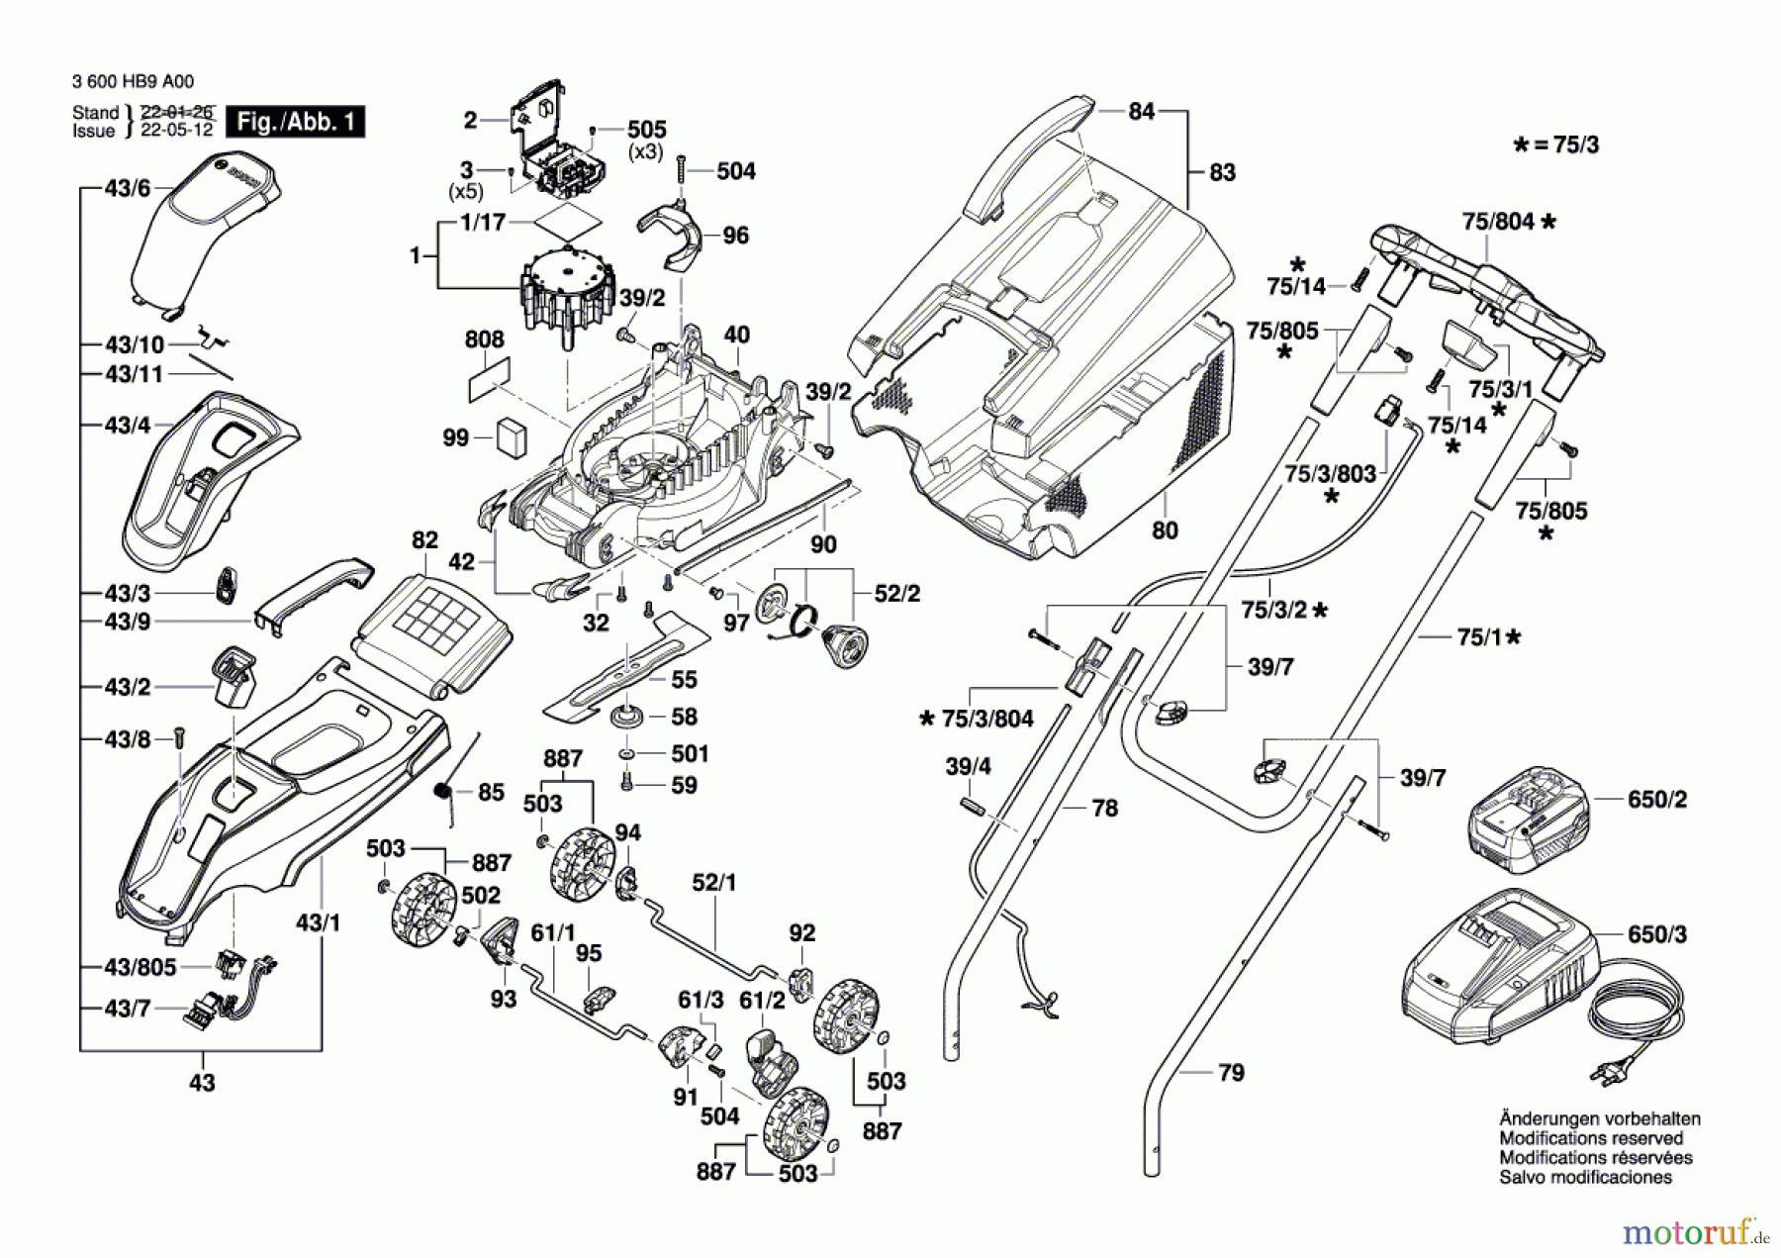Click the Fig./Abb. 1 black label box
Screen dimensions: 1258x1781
pos(296,122)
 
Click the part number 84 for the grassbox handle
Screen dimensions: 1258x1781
pos(1141,111)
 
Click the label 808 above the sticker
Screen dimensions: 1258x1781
pos(484,339)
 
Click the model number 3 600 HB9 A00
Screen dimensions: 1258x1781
pos(133,82)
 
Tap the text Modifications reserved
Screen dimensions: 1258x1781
pos(1591,1138)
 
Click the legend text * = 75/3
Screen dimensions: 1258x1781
pos(1556,145)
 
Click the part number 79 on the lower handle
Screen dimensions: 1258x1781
pos(1231,1072)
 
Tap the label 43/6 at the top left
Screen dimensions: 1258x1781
pos(128,187)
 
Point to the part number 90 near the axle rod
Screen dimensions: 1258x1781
pos(823,544)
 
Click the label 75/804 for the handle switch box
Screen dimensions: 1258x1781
pos(1498,222)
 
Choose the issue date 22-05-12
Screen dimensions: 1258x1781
pos(176,131)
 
